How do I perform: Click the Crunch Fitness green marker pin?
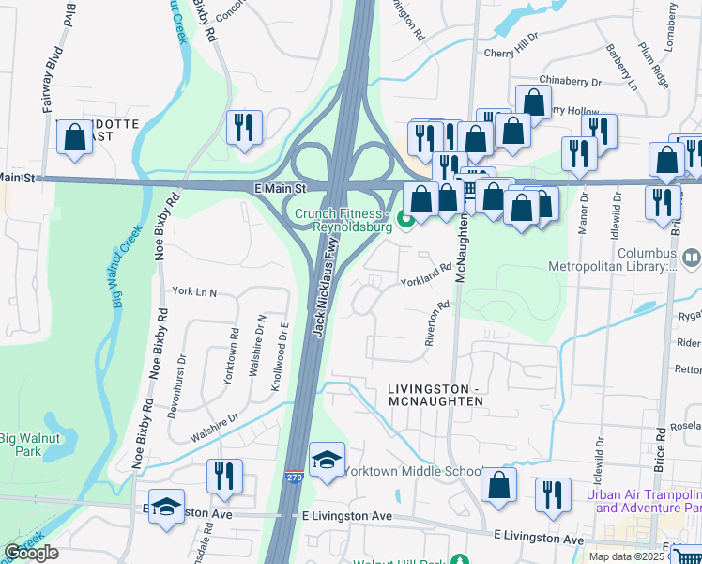405,221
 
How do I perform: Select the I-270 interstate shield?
294,479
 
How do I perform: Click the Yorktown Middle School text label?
413,471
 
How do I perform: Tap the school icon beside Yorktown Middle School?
327,461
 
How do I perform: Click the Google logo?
31,553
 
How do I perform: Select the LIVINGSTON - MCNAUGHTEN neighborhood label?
435,395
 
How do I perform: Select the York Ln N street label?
193,292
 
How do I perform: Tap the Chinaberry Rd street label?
568,81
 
